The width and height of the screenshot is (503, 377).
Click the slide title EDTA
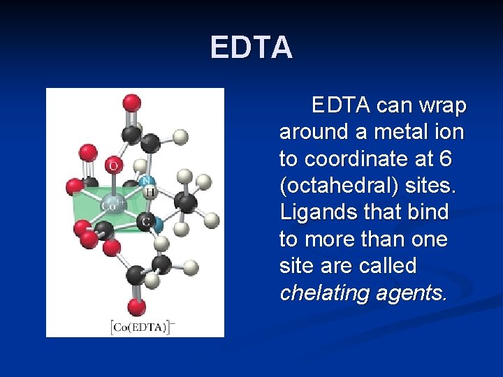[251, 48]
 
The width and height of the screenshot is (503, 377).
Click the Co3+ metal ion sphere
[112, 205]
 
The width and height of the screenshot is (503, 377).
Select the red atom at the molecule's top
[131, 103]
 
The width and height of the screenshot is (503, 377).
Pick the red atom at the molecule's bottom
[137, 306]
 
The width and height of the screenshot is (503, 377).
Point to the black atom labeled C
[145, 222]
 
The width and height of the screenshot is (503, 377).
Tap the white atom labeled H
[149, 191]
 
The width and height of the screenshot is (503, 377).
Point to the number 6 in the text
[446, 158]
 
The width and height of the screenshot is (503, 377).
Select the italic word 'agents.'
[411, 293]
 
